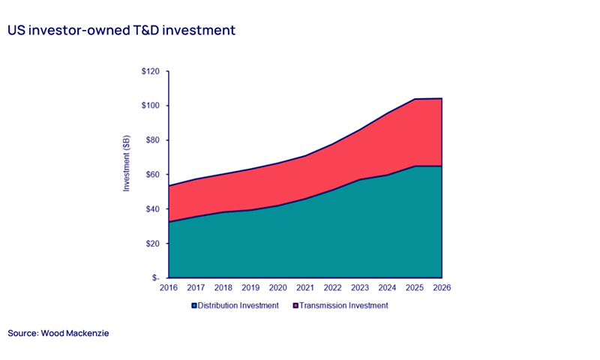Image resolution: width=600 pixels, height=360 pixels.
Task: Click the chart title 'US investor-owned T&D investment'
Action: [x=121, y=31]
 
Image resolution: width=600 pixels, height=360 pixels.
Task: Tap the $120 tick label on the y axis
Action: [x=151, y=71]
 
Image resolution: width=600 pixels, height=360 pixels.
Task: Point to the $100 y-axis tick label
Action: [x=151, y=106]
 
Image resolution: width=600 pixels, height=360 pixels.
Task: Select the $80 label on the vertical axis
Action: [x=152, y=140]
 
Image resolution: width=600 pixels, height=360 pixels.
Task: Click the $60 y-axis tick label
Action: [x=152, y=175]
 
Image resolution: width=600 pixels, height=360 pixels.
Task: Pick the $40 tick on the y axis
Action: [x=152, y=209]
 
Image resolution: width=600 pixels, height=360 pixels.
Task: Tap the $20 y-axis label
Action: [x=152, y=244]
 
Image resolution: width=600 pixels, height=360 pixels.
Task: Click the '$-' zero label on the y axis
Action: [x=155, y=278]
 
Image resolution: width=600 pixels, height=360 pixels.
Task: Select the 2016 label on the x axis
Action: [x=169, y=287]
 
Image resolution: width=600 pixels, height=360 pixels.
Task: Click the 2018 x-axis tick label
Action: [x=223, y=287]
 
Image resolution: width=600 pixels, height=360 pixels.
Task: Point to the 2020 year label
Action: [x=278, y=287]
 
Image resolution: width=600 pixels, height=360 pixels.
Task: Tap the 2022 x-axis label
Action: [x=332, y=287]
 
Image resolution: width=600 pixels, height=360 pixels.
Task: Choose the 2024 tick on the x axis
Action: [x=387, y=287]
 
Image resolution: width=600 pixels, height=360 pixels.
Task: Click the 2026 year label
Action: [x=441, y=287]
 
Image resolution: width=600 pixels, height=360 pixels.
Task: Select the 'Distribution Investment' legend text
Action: [x=238, y=305]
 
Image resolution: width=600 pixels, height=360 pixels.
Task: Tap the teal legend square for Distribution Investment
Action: [x=194, y=306]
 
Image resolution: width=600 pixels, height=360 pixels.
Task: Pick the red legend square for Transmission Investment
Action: [x=295, y=306]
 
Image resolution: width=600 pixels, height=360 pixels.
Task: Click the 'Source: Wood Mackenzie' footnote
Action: [x=58, y=332]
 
